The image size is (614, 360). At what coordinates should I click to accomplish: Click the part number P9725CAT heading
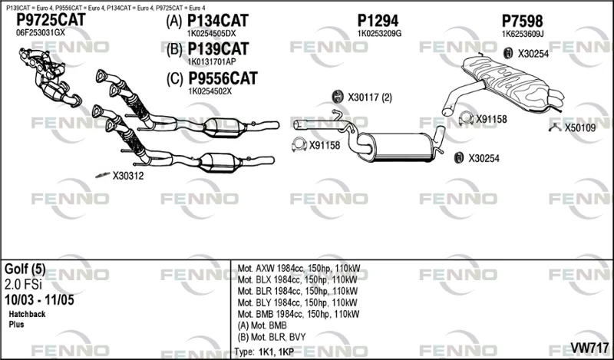click(51, 20)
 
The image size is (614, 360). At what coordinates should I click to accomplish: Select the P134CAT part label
click(218, 21)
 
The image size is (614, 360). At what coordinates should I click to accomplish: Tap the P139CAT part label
click(218, 49)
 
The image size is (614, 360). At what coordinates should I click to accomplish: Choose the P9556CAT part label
click(223, 78)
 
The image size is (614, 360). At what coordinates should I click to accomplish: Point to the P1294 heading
click(378, 21)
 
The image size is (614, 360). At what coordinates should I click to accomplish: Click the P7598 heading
click(523, 21)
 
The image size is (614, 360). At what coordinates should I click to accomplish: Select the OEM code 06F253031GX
click(41, 33)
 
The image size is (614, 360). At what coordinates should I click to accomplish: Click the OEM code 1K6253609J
click(523, 34)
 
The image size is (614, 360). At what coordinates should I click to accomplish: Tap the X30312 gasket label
click(128, 176)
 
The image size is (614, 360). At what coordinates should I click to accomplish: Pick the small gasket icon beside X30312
click(103, 175)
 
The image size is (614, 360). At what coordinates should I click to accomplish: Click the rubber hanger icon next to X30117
click(337, 97)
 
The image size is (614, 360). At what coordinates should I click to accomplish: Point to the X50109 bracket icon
click(555, 127)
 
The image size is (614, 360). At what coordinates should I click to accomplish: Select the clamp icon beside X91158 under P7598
click(466, 118)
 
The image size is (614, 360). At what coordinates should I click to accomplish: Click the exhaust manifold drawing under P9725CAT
click(49, 78)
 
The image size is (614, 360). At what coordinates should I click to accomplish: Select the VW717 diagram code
click(589, 348)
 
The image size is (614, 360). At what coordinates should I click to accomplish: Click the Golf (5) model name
click(25, 269)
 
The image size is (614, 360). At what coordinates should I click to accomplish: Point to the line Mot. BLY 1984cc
click(298, 302)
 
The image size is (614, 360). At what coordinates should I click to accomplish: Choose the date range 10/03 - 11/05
click(39, 300)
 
